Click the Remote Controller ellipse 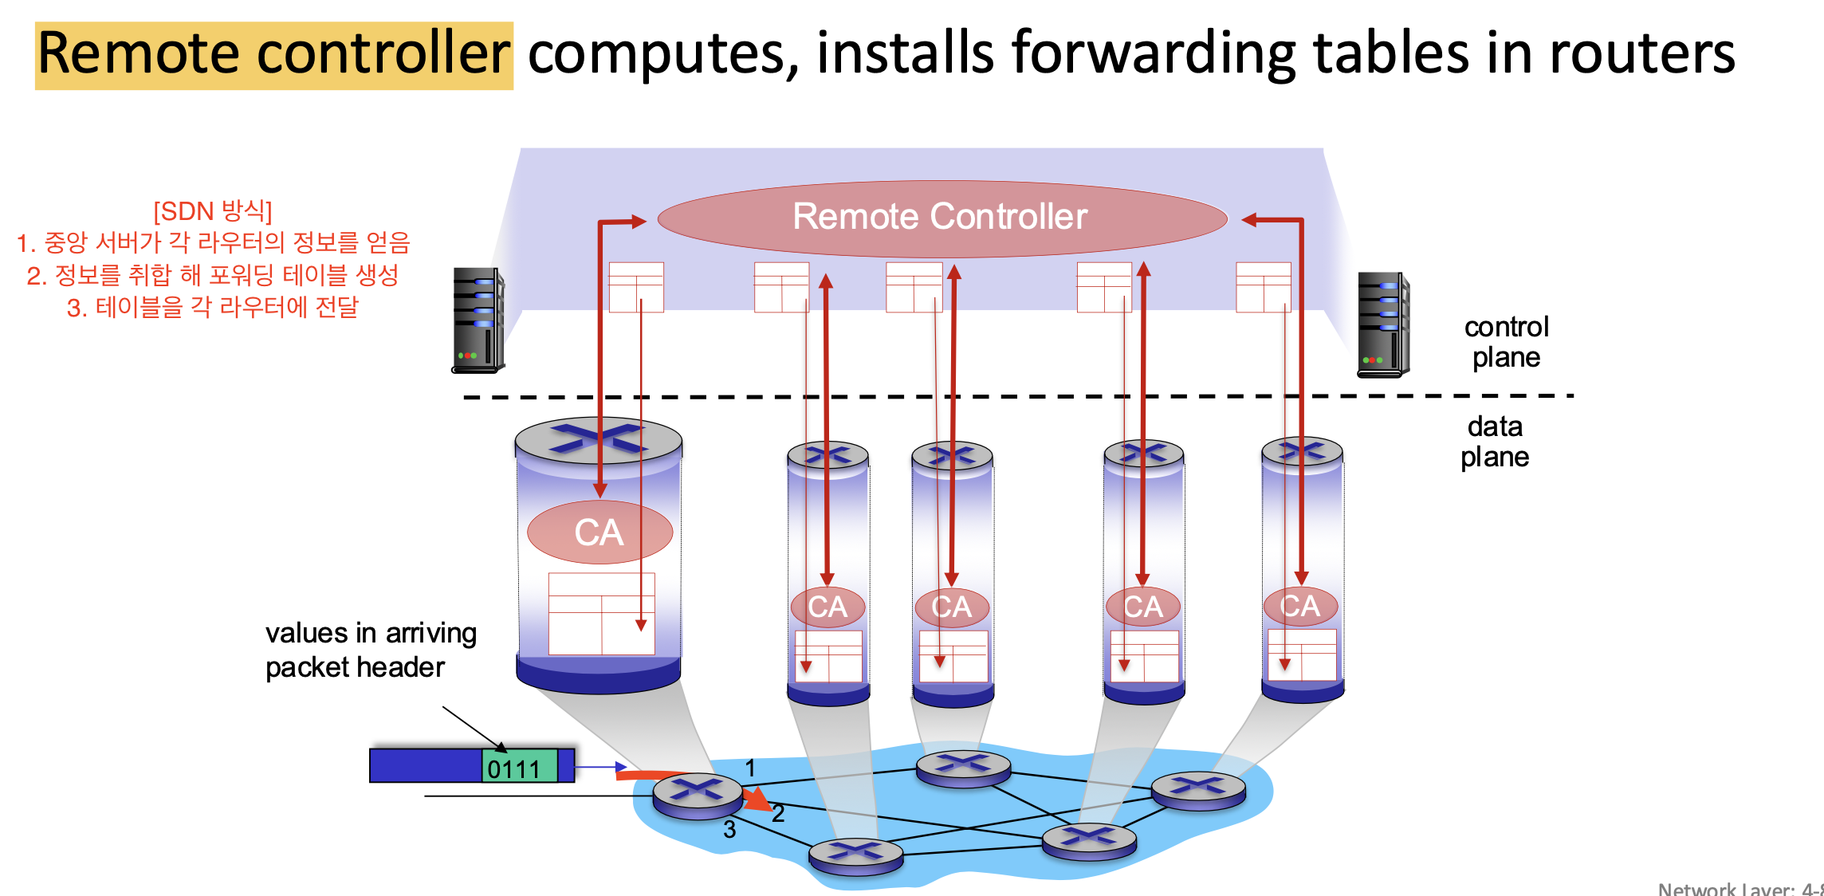(942, 218)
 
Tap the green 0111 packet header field (520, 766)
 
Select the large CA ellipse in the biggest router (599, 532)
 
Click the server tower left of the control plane (478, 320)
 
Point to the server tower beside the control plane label (1384, 324)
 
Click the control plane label (1506, 342)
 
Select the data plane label (1495, 442)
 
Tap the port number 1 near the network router (749, 768)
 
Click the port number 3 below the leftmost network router (729, 829)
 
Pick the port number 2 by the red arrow (778, 813)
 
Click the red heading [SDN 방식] (213, 211)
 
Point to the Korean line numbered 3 (213, 307)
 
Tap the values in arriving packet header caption (371, 650)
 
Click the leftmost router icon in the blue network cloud (698, 795)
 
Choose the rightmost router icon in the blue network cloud (1198, 790)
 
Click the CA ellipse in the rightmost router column (1300, 606)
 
